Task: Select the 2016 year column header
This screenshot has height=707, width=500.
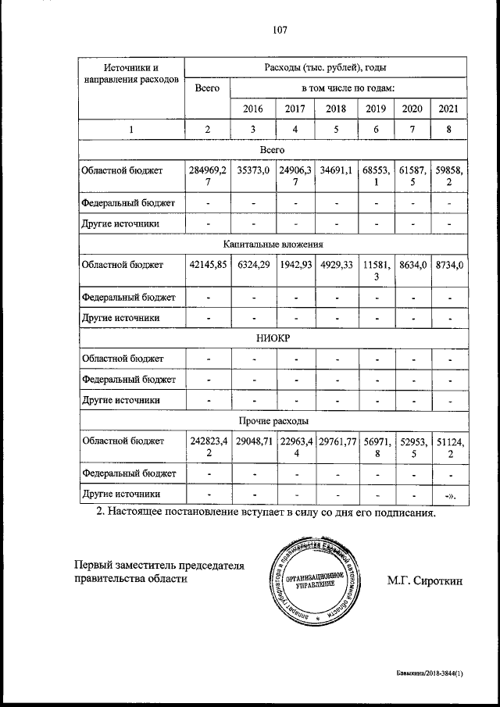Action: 253,109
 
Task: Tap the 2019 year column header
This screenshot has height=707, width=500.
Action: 376,109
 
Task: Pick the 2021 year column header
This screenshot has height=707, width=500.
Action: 449,109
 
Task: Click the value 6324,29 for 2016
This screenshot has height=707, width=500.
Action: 253,265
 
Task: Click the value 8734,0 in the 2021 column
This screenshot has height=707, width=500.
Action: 449,265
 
